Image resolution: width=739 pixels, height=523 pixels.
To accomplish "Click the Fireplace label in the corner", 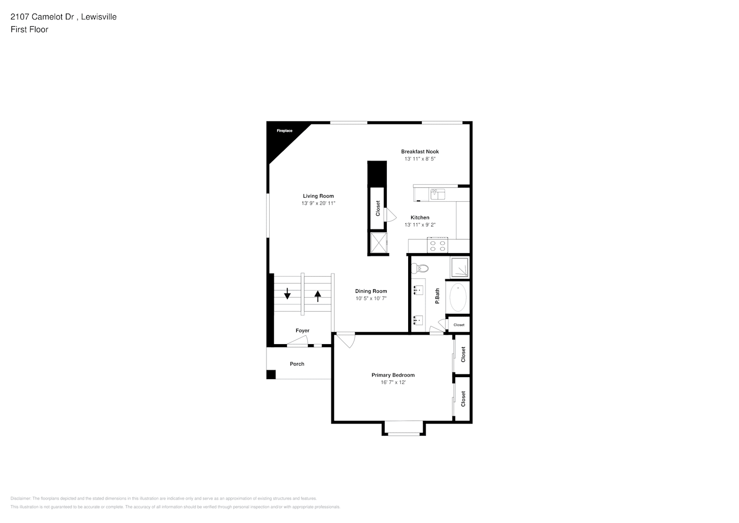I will click(x=284, y=131).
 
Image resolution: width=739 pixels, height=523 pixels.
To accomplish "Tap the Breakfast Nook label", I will click(x=420, y=152).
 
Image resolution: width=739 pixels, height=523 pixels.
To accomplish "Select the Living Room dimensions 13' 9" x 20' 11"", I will click(x=318, y=203).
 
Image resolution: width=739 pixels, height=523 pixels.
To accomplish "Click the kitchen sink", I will click(x=437, y=195).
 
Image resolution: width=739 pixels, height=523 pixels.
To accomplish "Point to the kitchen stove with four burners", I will click(x=437, y=245).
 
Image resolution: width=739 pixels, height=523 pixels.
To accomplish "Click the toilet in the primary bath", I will click(x=420, y=269).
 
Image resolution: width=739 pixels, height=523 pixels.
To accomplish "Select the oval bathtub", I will click(x=458, y=298).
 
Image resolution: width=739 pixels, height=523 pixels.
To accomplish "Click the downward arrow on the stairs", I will click(x=287, y=293).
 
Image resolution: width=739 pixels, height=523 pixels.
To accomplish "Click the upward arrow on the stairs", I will click(x=318, y=296).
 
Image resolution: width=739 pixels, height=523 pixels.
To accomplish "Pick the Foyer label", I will click(x=303, y=331).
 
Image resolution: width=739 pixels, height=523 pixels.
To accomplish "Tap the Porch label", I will click(x=297, y=364).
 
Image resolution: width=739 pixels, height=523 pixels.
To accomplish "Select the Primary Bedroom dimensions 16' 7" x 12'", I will click(x=393, y=382).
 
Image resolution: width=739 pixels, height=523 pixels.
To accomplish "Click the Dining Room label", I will click(x=371, y=291).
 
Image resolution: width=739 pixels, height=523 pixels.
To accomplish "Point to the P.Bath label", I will click(x=437, y=297).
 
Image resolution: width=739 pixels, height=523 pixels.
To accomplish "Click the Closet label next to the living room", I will click(x=378, y=209).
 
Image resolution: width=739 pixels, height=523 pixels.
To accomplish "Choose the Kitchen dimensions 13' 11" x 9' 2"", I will click(x=420, y=225).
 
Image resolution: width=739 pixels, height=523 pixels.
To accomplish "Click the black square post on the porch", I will click(x=271, y=374).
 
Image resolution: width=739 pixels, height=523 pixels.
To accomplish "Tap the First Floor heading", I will click(x=29, y=29).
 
